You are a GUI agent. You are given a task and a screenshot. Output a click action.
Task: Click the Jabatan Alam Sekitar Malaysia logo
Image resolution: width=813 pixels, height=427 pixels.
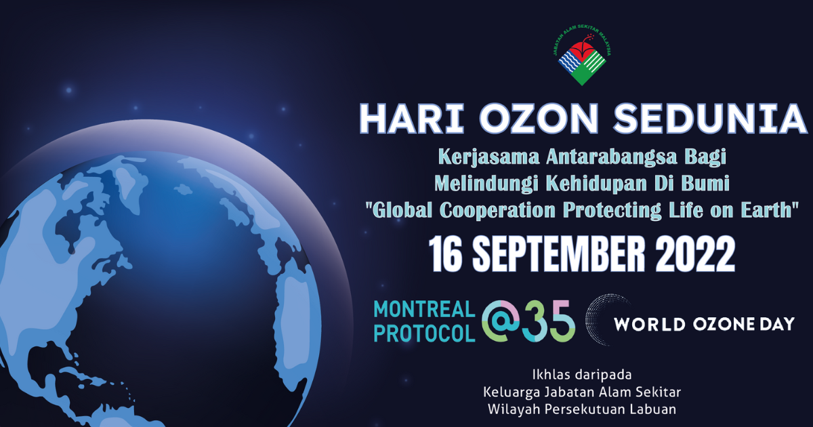click(582, 59)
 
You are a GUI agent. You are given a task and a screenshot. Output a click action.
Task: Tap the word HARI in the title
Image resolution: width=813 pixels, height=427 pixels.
click(412, 119)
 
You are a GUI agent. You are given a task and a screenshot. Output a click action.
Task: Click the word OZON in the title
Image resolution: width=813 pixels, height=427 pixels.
click(539, 119)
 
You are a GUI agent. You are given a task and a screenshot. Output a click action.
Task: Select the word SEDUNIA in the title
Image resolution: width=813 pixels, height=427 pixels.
click(710, 119)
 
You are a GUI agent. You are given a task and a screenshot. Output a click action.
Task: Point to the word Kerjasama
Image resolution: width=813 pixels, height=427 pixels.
click(489, 157)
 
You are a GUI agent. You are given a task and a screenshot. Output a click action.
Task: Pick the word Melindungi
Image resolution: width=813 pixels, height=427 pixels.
click(486, 184)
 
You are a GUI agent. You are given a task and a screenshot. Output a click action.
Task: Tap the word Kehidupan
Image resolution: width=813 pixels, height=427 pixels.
click(597, 184)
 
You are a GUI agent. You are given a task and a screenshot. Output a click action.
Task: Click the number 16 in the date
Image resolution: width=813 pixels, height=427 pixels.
click(445, 253)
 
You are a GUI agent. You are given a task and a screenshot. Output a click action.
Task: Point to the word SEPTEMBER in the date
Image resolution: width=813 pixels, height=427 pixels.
click(559, 253)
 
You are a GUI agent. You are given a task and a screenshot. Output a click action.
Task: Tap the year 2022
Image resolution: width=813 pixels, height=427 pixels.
click(695, 253)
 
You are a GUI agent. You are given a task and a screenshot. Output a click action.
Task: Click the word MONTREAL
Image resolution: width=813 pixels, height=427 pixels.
click(424, 309)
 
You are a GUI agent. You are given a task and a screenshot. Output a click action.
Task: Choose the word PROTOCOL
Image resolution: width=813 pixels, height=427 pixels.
click(424, 333)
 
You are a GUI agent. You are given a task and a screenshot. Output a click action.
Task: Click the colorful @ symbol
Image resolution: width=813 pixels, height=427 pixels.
click(501, 321)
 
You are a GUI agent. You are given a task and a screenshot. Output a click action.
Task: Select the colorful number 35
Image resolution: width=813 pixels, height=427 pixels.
click(549, 321)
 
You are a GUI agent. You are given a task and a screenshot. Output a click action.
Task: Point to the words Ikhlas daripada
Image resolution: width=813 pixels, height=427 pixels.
click(582, 375)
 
